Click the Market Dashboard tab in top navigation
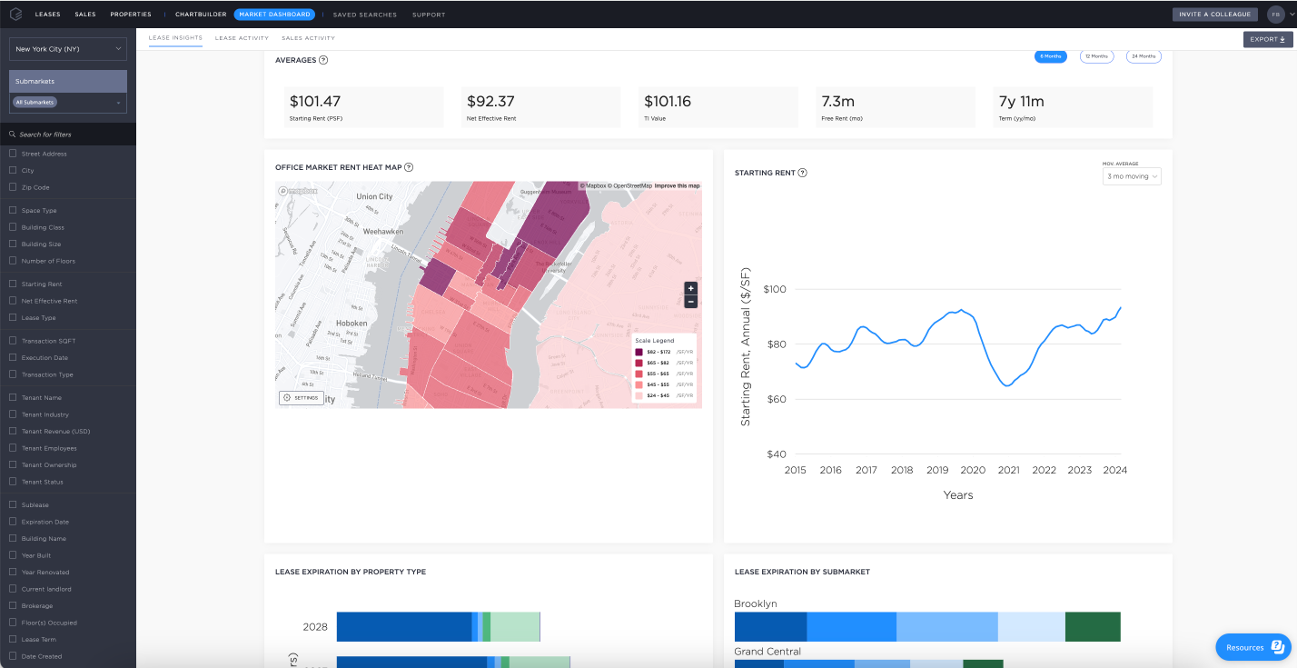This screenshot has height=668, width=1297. point(275,15)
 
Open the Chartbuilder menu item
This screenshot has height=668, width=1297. point(200,15)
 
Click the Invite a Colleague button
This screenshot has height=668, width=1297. point(1215,15)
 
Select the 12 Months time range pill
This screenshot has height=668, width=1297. point(1096,56)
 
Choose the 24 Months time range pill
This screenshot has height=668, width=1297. point(1144,56)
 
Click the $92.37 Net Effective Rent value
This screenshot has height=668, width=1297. point(490,102)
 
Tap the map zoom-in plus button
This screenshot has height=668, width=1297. point(690,288)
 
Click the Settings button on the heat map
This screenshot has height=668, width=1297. point(301,397)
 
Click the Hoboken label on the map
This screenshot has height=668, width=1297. point(351,323)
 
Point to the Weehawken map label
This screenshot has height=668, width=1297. point(382,232)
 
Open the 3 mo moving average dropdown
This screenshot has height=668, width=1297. point(1132,176)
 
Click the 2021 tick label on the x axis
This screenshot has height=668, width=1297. point(1008,470)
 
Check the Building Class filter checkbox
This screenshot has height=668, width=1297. point(13,227)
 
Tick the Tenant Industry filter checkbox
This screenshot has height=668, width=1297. point(13,414)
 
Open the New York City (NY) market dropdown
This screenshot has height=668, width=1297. point(68,49)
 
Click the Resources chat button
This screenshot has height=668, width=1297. point(1253,647)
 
